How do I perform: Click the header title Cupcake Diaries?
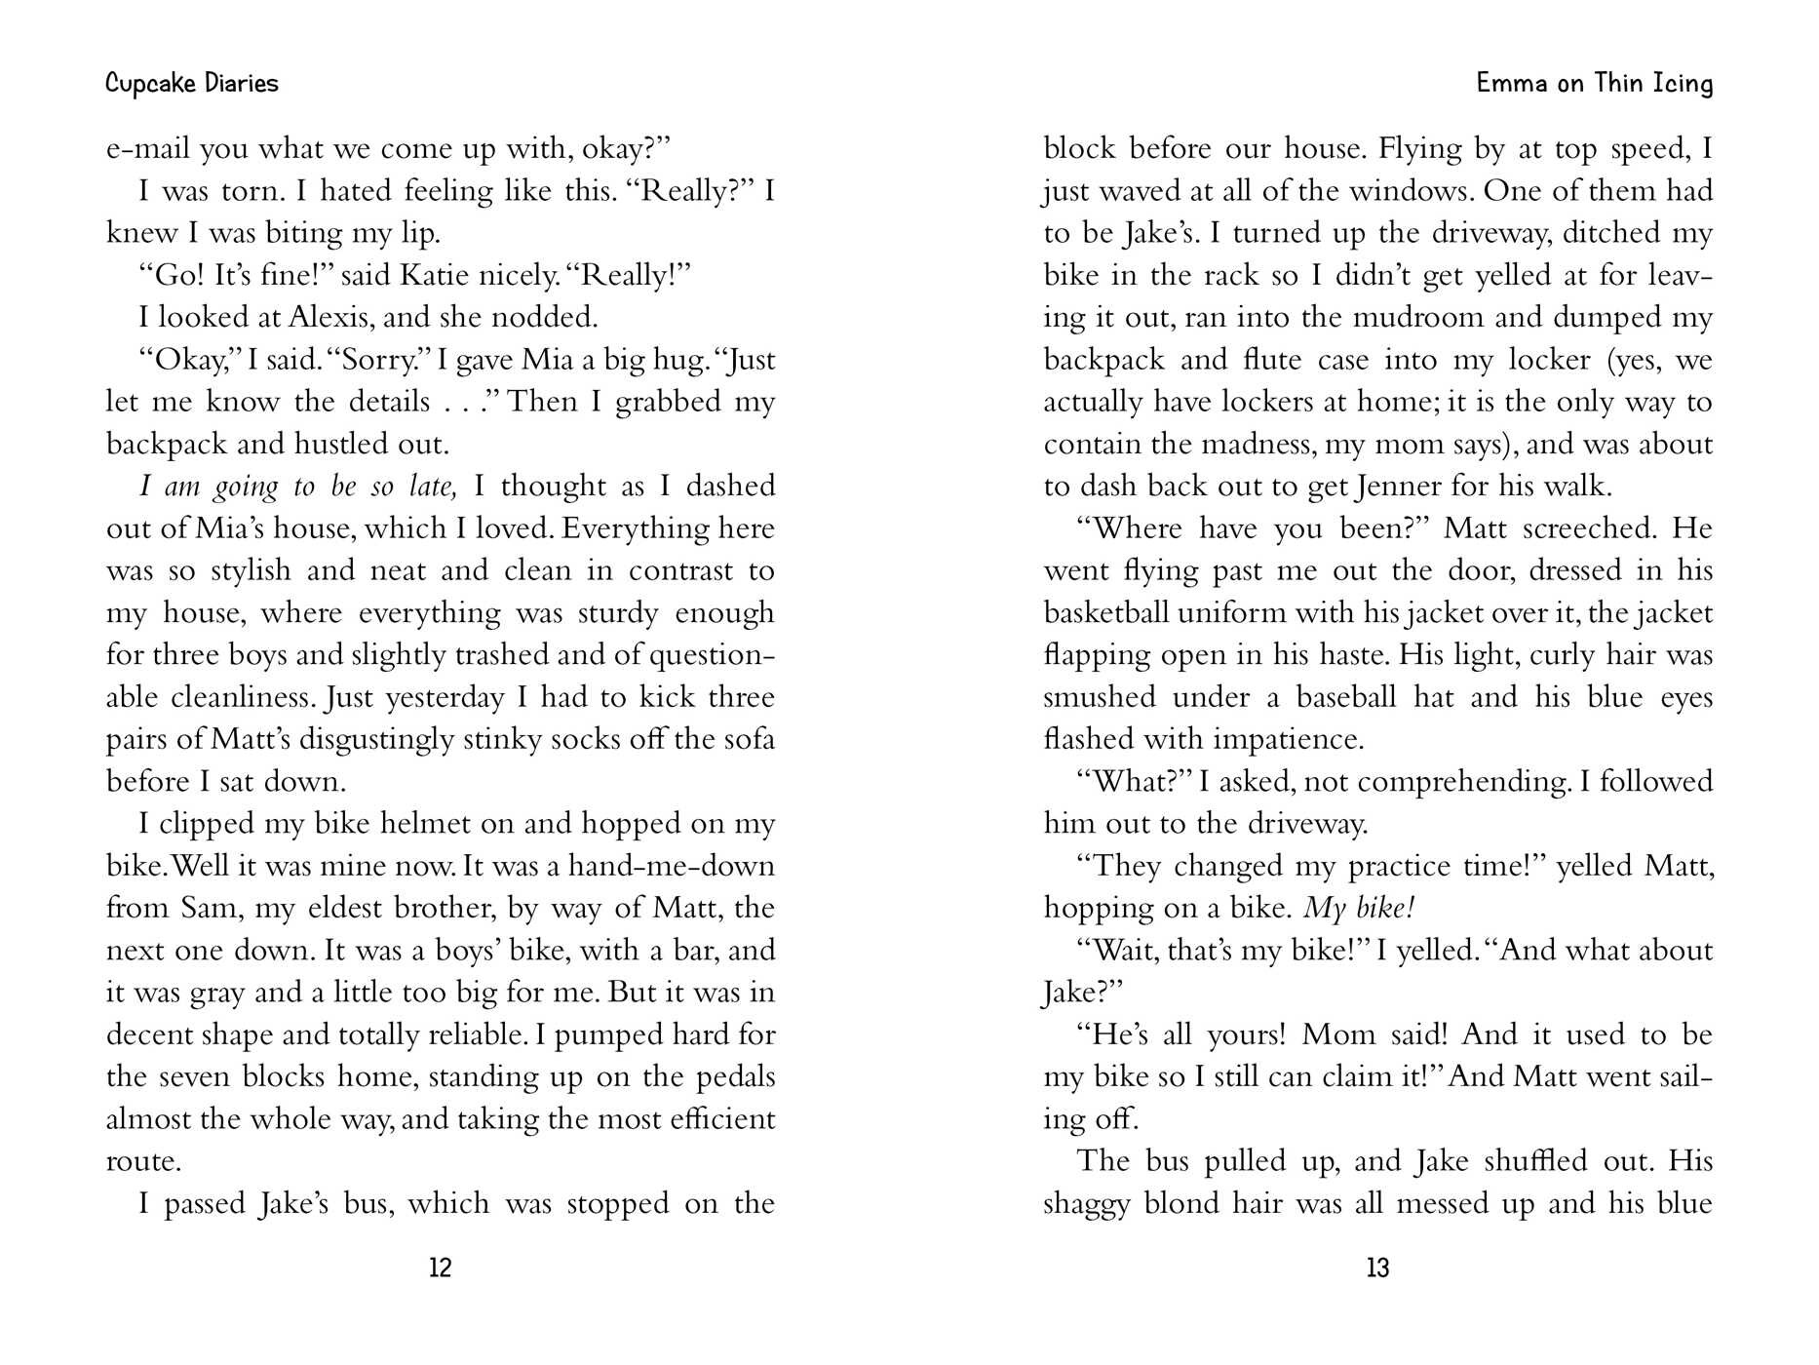point(191,84)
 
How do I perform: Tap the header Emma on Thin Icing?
point(1594,84)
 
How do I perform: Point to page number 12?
point(440,1267)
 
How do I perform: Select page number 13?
point(1377,1267)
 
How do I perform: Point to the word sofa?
point(749,739)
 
